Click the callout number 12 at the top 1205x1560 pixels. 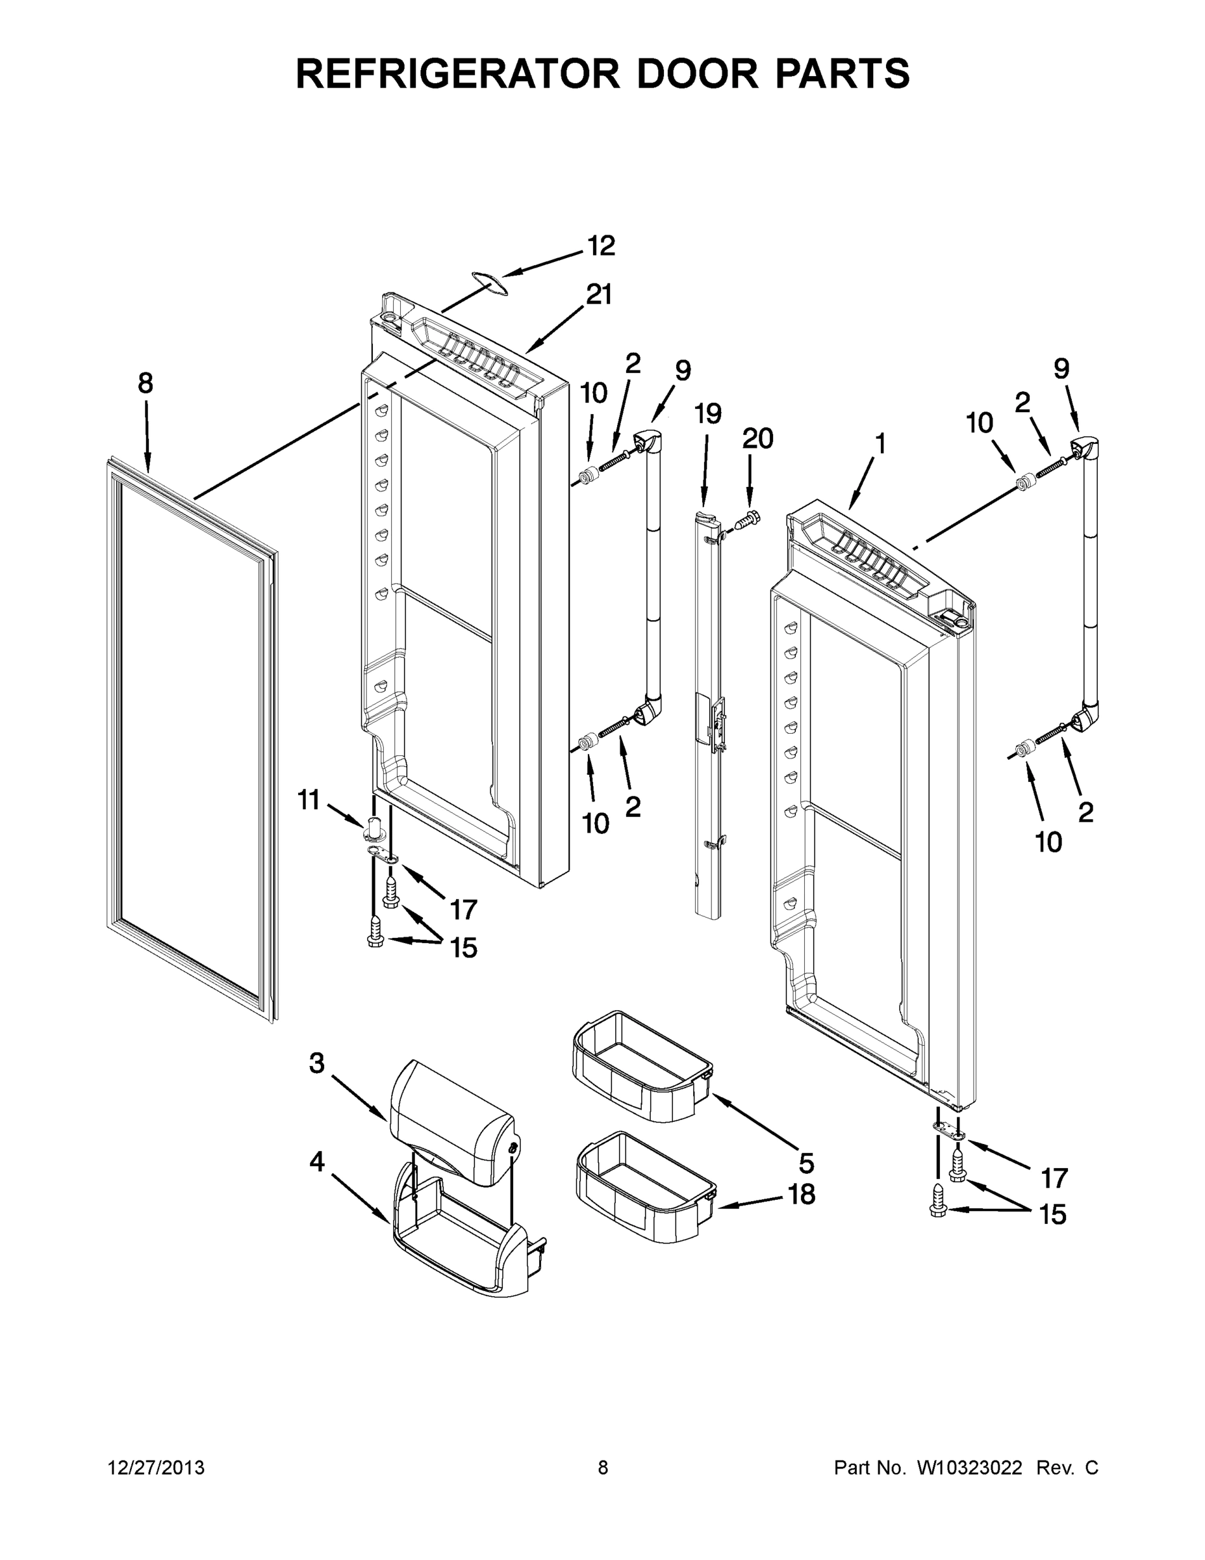tap(600, 246)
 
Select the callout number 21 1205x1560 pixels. tap(599, 294)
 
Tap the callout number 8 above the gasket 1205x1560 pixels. tap(146, 383)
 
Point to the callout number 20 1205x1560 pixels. tap(757, 439)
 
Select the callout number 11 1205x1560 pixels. tap(309, 800)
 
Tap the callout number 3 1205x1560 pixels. tap(317, 1083)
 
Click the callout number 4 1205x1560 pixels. tap(317, 1162)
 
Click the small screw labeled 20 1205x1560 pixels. tap(748, 520)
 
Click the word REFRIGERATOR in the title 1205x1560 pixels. tap(457, 73)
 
